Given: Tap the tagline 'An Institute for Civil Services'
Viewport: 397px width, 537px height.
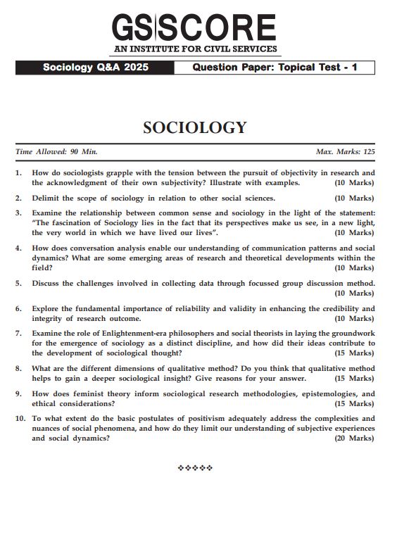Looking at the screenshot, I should click(194, 50).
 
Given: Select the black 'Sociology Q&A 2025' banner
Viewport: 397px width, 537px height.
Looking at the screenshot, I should click(93, 68).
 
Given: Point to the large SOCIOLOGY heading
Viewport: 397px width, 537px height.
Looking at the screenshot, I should click(195, 127).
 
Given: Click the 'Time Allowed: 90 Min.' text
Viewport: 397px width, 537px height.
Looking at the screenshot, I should click(56, 151).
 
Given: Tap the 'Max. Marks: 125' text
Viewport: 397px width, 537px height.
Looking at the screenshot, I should click(345, 151).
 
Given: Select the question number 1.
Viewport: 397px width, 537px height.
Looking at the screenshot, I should click(18, 172).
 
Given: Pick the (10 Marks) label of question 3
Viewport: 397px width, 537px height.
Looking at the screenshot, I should click(354, 232).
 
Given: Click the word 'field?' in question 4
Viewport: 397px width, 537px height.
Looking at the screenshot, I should click(42, 267).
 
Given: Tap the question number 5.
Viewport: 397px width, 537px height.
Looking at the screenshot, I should click(18, 283).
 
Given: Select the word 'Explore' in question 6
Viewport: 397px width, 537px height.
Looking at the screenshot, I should click(47, 308).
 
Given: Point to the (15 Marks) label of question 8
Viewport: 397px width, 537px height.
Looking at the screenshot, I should click(354, 378).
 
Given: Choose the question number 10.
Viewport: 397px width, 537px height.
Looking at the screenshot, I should click(20, 418).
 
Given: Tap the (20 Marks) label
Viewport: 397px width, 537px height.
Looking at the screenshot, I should click(354, 438).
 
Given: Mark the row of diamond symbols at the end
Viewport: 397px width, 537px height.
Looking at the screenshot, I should click(195, 467).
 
